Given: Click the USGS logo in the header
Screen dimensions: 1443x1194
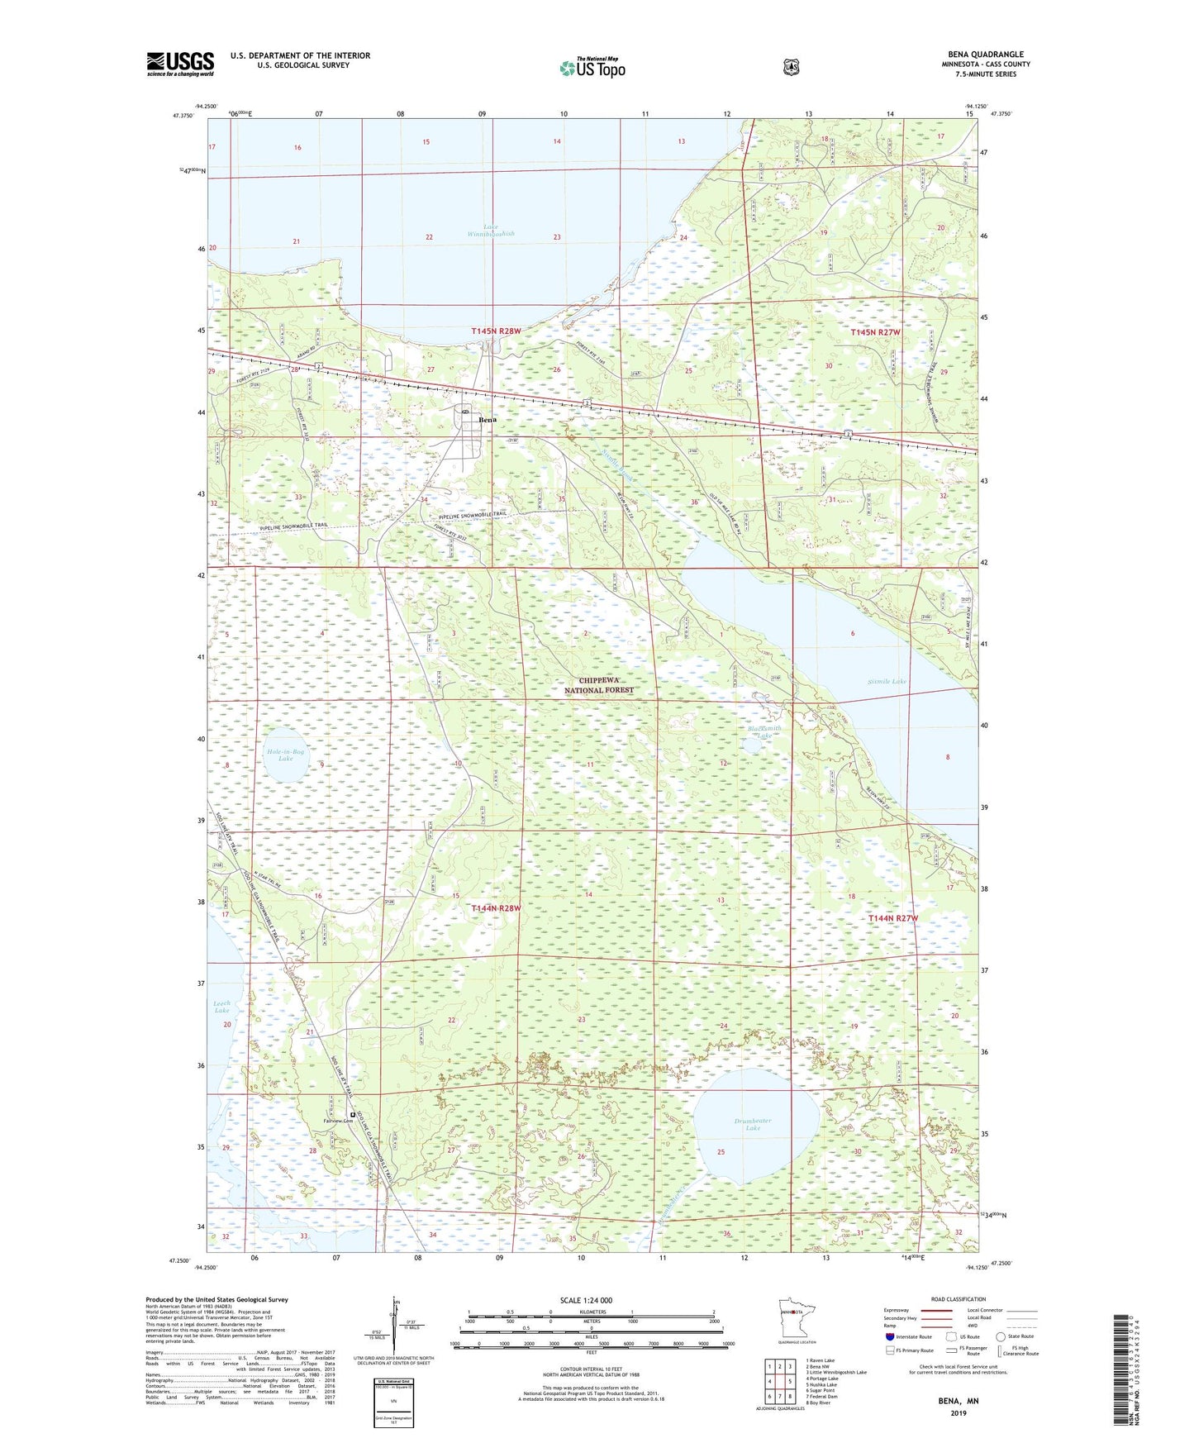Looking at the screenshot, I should (x=180, y=64).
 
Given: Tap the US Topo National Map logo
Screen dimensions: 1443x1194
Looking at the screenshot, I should (x=592, y=68).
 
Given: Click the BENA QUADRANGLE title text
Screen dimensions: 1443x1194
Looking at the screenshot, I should (x=985, y=55).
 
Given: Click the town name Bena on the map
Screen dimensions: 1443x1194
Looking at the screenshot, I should (x=488, y=421).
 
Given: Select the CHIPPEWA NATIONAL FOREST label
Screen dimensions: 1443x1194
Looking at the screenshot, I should (x=599, y=684).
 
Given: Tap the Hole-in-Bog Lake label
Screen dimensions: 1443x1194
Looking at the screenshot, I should (x=285, y=754).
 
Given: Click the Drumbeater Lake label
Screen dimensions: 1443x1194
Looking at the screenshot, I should (x=753, y=1124).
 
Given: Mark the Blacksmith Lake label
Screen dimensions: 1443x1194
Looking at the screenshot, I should (x=764, y=732).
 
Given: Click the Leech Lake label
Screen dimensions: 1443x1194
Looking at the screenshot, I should (x=221, y=1007).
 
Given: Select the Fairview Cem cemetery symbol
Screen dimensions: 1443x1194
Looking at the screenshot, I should (x=353, y=1114).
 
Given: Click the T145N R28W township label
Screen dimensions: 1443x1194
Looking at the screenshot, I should (x=496, y=331).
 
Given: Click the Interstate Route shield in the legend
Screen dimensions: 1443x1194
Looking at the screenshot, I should (x=889, y=1360).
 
